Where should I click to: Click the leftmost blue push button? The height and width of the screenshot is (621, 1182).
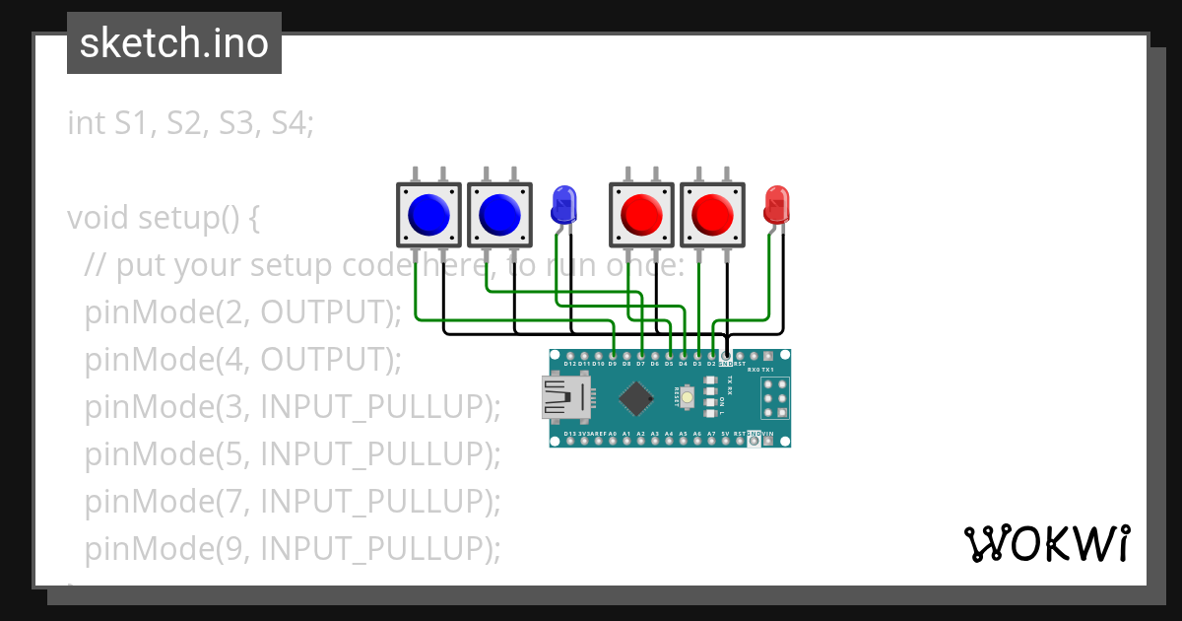coord(428,213)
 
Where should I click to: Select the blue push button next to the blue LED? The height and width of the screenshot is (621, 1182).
coord(499,213)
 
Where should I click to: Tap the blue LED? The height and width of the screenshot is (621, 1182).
coord(562,204)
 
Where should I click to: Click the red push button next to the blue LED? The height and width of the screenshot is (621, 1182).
coord(641,213)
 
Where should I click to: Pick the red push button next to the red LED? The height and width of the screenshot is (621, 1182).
coord(712,213)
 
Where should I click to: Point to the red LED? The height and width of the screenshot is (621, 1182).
coord(777,204)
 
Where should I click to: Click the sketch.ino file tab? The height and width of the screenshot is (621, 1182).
coord(174,43)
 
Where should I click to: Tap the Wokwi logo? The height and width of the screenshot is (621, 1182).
coord(1046,543)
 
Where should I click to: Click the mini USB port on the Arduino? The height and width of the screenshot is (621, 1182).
coord(566,398)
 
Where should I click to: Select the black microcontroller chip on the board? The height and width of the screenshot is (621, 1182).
coord(636,398)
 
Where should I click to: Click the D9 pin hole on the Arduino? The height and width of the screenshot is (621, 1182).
coord(613,355)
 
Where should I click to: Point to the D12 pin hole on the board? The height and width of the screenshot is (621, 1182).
coord(570,355)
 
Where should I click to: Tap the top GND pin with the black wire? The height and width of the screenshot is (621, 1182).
coord(726,355)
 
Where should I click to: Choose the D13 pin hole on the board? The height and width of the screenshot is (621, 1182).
coord(570,442)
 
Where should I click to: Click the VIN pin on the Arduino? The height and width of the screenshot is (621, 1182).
coord(768,442)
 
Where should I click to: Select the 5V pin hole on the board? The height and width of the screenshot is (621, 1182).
coord(726,442)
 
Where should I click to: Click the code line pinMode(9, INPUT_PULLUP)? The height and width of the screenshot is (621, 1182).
coord(293,547)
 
